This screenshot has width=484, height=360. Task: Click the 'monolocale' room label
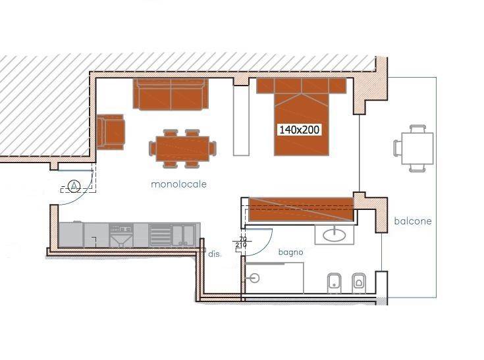pos(178,184)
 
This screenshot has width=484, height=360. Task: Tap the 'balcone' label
pos(413,221)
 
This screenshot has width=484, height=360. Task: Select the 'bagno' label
pos(290,252)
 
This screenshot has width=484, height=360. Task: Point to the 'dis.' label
pos(215,254)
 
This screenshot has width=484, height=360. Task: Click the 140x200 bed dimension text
pos(300,130)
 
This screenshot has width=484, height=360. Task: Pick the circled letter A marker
pos(74,186)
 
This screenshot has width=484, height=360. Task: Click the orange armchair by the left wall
pos(111,132)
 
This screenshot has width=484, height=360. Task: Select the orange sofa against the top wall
pos(171,94)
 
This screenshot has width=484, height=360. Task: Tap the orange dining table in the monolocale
pos(182,149)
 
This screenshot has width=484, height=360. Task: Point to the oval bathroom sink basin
pos(335,235)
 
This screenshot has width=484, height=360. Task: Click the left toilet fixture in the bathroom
pos(334,283)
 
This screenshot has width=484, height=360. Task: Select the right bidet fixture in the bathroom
pos(359,282)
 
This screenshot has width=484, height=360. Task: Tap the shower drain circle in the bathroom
pos(254,278)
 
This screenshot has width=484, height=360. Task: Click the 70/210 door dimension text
pos(242,242)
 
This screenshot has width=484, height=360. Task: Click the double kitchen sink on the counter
pos(184,235)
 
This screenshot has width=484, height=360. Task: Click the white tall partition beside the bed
pos(241,120)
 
